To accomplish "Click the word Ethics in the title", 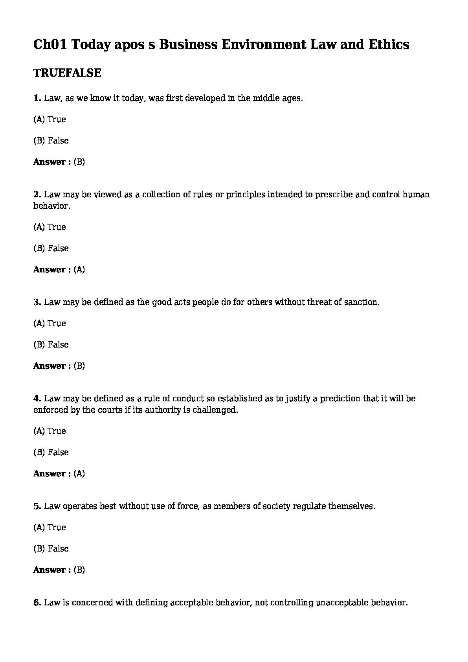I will coord(389,44).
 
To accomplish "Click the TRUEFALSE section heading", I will coord(67,73).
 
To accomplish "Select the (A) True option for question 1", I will coord(50,120).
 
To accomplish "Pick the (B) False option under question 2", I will coord(51,248).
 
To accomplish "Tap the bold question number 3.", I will coord(37,302).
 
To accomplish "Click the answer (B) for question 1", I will coord(79,162).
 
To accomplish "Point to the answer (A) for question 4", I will coord(79,474).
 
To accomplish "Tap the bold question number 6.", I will coord(37,603).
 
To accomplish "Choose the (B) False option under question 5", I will coord(51,549).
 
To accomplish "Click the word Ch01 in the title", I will coord(50,44).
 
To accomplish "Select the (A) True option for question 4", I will coord(50,431).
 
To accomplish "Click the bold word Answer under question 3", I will coord(50,366).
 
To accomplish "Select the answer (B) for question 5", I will coord(79,570).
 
